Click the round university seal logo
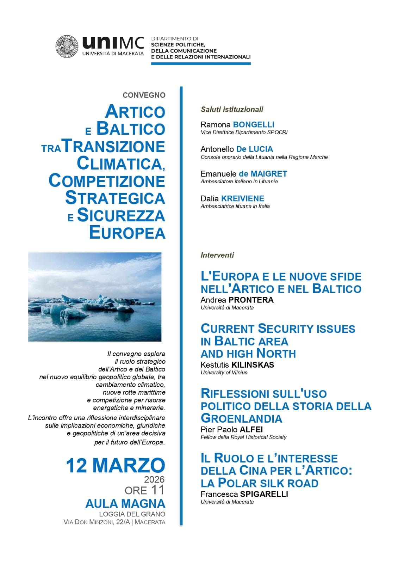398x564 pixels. [x=67, y=46]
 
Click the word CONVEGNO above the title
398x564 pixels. [x=144, y=95]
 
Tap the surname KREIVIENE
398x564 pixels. [x=242, y=198]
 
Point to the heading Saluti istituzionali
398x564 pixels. [x=232, y=109]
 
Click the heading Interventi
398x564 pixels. [x=217, y=255]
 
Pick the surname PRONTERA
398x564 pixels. [x=251, y=300]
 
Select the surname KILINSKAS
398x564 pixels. [x=252, y=364]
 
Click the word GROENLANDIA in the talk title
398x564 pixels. [x=241, y=418]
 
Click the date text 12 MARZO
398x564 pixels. [x=115, y=465]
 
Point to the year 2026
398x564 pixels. [x=154, y=479]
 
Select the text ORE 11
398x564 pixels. [x=144, y=490]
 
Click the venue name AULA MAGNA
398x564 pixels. [x=125, y=503]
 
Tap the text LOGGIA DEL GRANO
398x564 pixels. [x=132, y=514]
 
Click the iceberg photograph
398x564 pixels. [x=95, y=297]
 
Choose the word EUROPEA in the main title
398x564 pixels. [x=127, y=233]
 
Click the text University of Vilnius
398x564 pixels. [x=224, y=372]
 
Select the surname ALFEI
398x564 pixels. [x=251, y=429]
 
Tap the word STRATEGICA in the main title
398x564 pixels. [x=115, y=198]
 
